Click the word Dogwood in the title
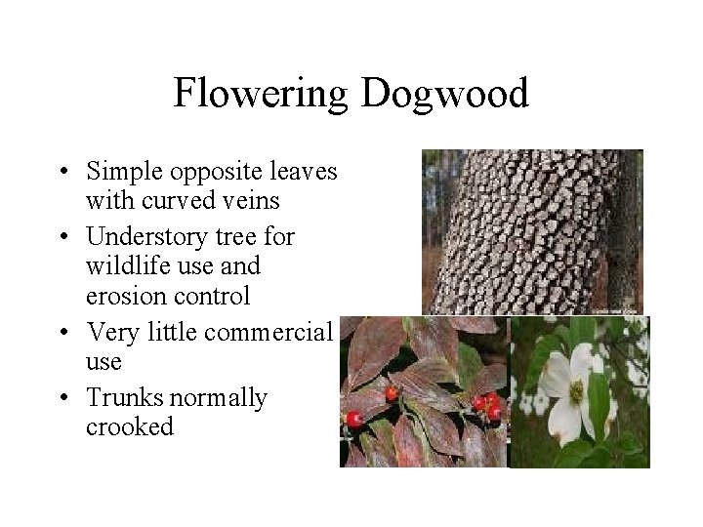(444, 94)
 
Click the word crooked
(130, 426)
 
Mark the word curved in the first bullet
(168, 201)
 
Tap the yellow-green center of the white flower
(576, 392)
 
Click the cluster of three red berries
(485, 405)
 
